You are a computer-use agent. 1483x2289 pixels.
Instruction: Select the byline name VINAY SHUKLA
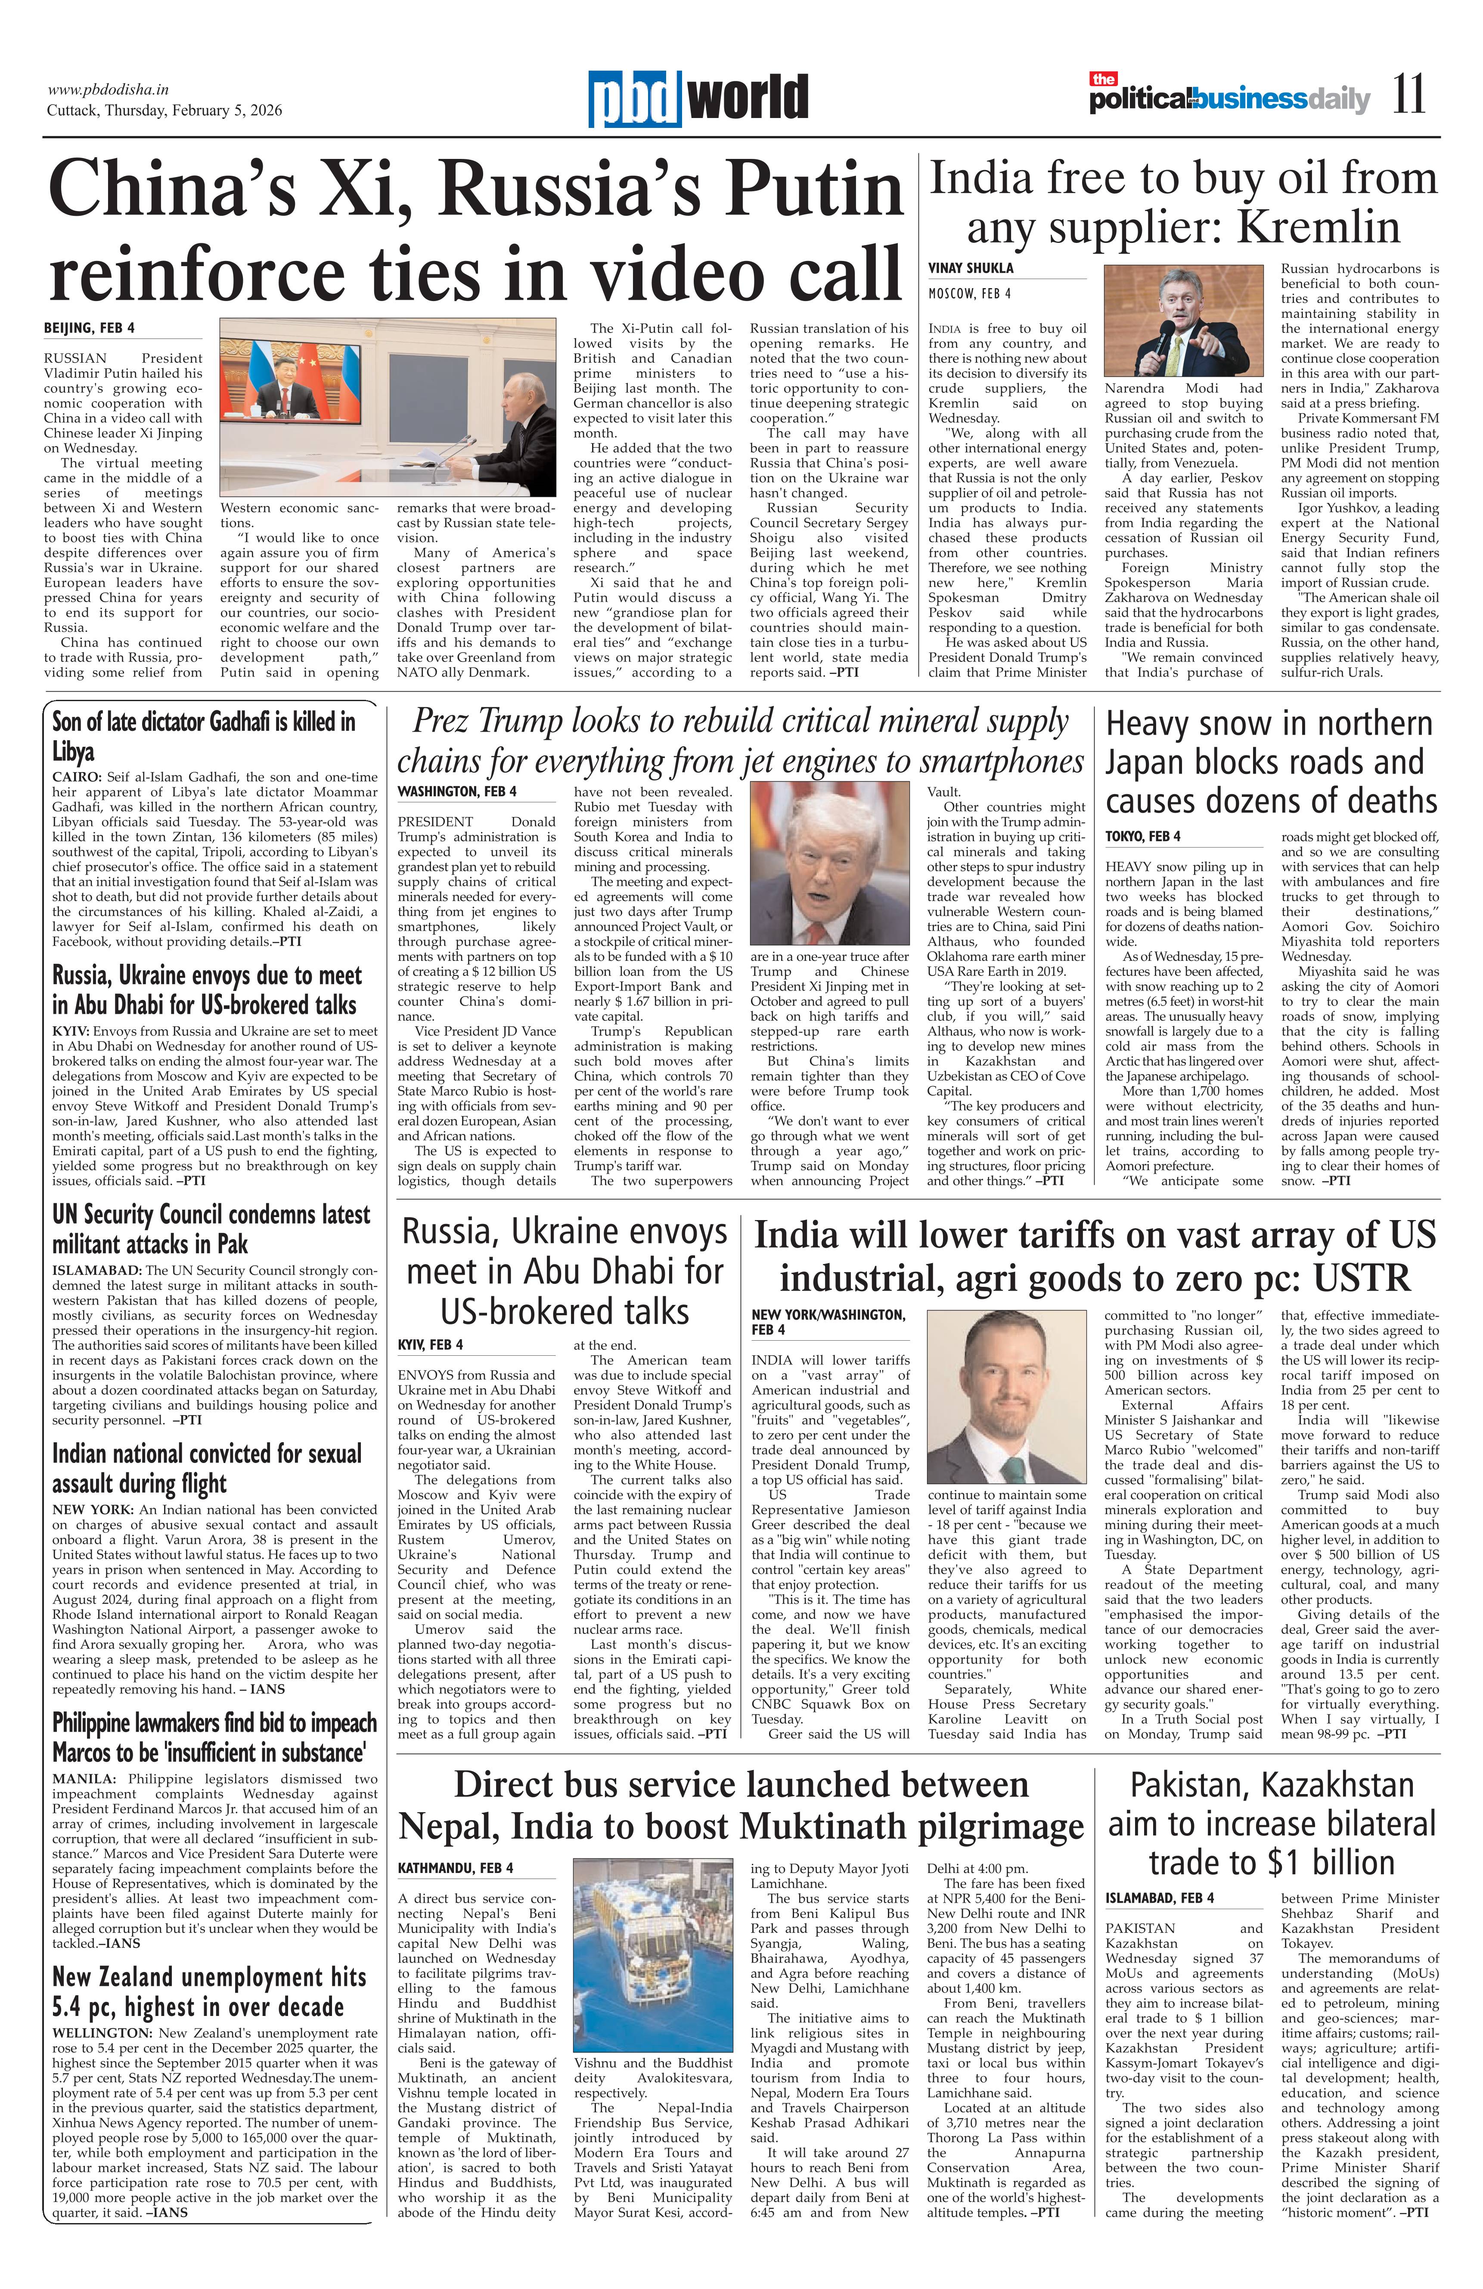point(971,268)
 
